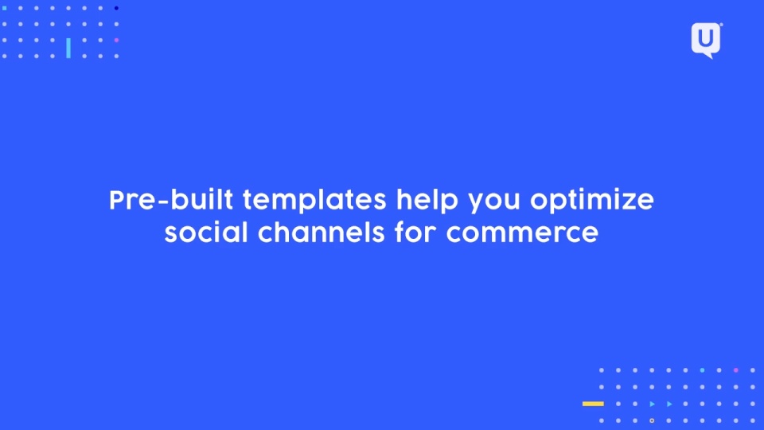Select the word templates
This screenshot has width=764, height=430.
(315, 201)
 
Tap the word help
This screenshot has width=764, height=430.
(427, 201)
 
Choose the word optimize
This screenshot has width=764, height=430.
(592, 201)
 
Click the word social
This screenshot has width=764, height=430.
(206, 232)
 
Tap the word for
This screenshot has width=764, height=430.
(415, 232)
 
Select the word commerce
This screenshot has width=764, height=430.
(522, 234)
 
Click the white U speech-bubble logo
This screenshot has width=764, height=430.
(706, 40)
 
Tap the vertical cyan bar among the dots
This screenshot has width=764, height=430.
(68, 48)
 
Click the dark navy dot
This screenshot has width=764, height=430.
(116, 8)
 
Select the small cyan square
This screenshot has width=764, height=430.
(5, 8)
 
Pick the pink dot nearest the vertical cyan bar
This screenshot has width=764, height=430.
(116, 41)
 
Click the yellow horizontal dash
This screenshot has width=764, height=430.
(593, 404)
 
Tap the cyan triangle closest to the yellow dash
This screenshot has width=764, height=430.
(652, 404)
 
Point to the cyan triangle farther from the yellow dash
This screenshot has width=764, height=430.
(669, 404)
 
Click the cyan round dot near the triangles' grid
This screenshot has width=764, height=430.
(702, 370)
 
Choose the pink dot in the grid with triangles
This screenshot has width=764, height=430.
(735, 370)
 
